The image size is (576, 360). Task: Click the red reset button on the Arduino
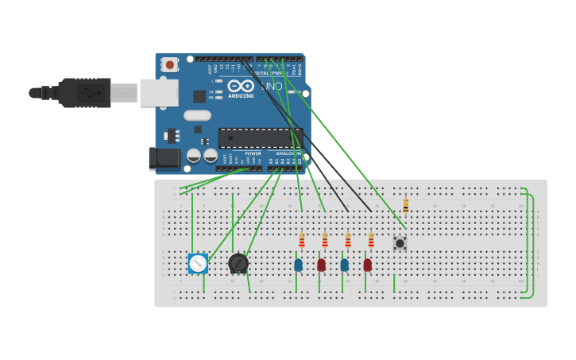169,64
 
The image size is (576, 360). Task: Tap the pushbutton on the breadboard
400,243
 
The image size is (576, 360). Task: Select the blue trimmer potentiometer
198,263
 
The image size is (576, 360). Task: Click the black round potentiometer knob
238,263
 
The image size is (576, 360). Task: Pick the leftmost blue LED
298,265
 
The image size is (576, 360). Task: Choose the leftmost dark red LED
321,265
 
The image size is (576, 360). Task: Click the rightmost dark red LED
367,265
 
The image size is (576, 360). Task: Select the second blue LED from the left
344,265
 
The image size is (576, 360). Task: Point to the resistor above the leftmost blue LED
302,240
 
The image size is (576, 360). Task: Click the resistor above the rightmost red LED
371,240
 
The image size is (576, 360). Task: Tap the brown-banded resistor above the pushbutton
405,205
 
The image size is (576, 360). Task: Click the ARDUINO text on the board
241,96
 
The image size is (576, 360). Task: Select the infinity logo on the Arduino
241,86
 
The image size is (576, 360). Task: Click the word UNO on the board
272,86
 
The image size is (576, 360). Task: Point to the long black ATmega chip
259,138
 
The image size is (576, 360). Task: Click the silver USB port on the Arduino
159,92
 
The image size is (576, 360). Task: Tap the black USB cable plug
83,92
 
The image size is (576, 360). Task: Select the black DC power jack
164,158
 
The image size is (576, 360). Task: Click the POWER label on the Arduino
253,153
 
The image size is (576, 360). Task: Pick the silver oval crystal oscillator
197,115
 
